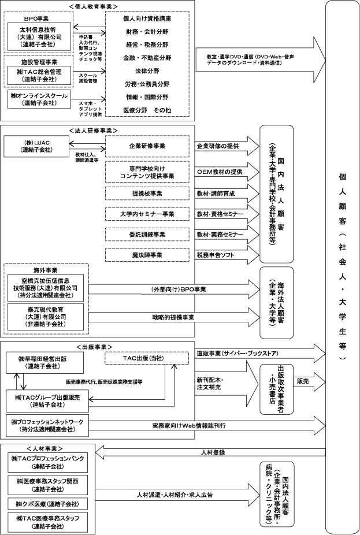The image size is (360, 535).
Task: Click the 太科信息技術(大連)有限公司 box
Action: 40,37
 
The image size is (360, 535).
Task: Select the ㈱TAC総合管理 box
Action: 40,76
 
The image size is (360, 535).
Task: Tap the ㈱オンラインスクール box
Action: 40,99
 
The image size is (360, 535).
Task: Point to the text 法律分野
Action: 147,71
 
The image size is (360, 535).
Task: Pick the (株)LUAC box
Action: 37,146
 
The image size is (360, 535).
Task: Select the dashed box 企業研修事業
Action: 147,146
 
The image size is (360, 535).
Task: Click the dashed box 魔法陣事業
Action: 147,255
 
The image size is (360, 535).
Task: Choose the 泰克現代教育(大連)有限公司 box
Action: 46,317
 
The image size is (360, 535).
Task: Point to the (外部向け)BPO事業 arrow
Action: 174,289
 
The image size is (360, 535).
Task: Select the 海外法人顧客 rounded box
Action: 276,302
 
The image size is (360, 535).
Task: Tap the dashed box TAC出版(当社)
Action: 147,358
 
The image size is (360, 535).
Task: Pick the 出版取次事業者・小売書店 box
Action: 276,389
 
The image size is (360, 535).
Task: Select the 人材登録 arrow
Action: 210,452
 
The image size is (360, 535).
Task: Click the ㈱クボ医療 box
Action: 47,504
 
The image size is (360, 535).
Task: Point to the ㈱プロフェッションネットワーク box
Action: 47,426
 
